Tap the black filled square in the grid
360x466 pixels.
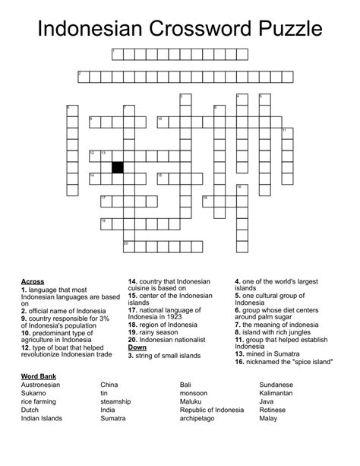(118, 167)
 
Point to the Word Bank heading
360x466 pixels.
(38, 376)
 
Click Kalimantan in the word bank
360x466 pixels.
(280, 393)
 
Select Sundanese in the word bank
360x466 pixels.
(276, 385)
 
